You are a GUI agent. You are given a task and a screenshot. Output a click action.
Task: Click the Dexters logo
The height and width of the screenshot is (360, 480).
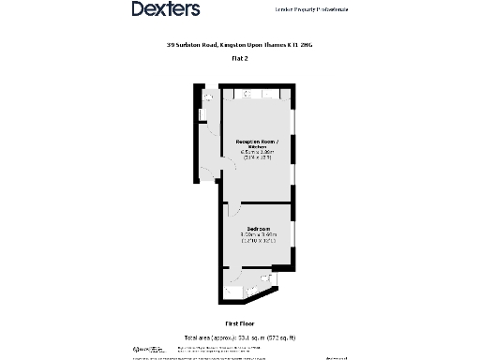tap(166, 9)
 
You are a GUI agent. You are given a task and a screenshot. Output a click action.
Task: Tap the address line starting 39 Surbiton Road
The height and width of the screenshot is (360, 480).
tap(239, 44)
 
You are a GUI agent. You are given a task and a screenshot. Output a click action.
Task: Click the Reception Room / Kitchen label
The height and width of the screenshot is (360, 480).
tap(257, 144)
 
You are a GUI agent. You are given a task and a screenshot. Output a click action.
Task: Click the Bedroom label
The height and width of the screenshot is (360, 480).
tap(259, 229)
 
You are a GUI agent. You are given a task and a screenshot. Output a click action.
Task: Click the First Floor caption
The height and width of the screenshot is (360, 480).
tap(239, 323)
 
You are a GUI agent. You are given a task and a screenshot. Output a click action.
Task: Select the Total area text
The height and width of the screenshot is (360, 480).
tap(240, 337)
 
